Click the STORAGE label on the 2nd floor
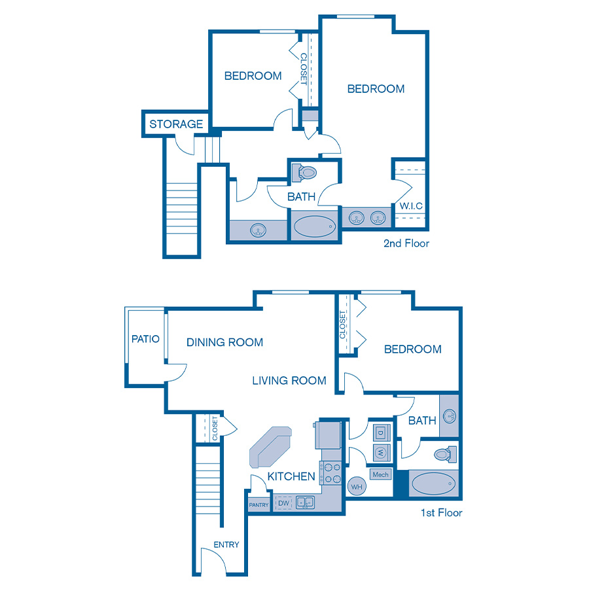pyautogui.click(x=176, y=124)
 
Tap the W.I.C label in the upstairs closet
pyautogui.click(x=411, y=206)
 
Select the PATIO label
pyautogui.click(x=145, y=339)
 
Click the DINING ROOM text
pyautogui.click(x=224, y=342)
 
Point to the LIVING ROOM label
pyautogui.click(x=289, y=380)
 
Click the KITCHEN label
pyautogui.click(x=291, y=476)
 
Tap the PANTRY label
pyautogui.click(x=259, y=505)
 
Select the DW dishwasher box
pyautogui.click(x=284, y=503)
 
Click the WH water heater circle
pyautogui.click(x=357, y=486)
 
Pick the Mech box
pyautogui.click(x=380, y=474)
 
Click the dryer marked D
pyautogui.click(x=381, y=433)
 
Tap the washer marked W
pyautogui.click(x=381, y=452)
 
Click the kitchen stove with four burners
pyautogui.click(x=331, y=473)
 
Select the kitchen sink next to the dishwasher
pyautogui.click(x=304, y=503)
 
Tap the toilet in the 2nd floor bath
pyautogui.click(x=305, y=173)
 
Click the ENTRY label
pyautogui.click(x=226, y=544)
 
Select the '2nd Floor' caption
pyautogui.click(x=406, y=243)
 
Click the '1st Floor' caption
pyautogui.click(x=441, y=512)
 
